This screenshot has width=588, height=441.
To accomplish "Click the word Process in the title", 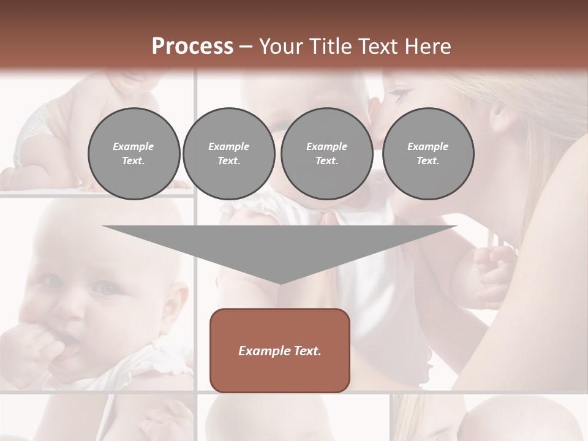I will (192, 47).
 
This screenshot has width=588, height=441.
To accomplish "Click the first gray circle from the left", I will (134, 154).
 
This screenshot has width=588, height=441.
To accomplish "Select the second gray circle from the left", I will (228, 154).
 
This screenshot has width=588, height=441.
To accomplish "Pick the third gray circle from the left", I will (326, 154).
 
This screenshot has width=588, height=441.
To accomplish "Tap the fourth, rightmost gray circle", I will (428, 154).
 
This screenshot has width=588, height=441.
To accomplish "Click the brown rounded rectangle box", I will (280, 350).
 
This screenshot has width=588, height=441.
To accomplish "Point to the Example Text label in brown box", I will (280, 351).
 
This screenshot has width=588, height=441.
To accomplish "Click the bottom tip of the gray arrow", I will (280, 283).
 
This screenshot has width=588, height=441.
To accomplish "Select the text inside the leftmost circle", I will (134, 154).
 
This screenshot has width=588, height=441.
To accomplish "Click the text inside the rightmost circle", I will (428, 154).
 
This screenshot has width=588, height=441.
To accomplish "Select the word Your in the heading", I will (281, 47).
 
